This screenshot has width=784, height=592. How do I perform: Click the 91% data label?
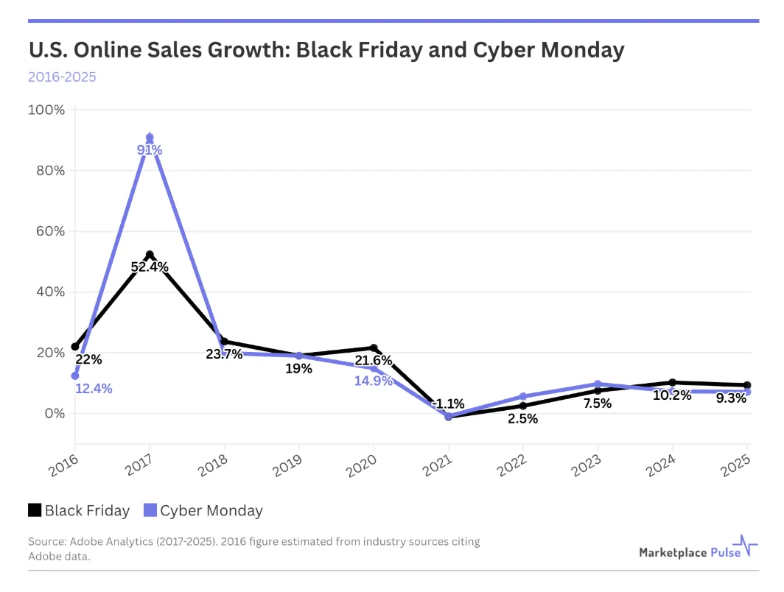pos(150,150)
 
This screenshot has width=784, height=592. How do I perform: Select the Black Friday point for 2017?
pos(150,255)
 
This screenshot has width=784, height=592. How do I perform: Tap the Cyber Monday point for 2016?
pos(75,376)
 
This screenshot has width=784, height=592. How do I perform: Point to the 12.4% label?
pos(94,389)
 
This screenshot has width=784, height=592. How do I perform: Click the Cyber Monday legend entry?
pos(203,510)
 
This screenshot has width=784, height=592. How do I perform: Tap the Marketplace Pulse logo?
pos(698,551)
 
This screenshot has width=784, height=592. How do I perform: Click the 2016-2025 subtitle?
pos(62,77)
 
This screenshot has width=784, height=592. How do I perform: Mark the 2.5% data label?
pos(522,419)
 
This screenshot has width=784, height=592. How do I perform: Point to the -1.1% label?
pos(448,404)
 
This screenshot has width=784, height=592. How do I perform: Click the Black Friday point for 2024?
pos(672,383)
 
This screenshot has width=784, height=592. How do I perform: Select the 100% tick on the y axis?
pos(46,110)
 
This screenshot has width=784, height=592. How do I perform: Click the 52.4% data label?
pos(150,267)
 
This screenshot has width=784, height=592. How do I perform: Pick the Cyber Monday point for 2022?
pos(523,396)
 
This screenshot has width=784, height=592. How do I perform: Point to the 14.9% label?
pos(374,381)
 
